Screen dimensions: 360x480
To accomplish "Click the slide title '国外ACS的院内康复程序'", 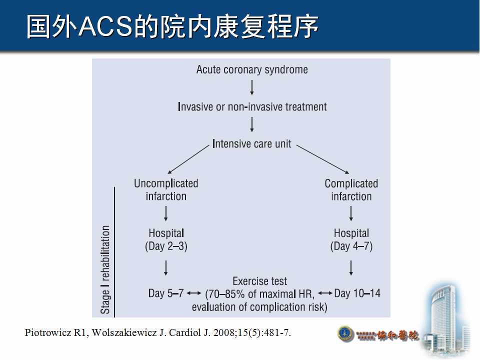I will coord(172,27).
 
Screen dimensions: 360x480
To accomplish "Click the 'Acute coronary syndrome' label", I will coord(252,69).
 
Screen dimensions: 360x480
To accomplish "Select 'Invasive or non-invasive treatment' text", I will coord(252,106).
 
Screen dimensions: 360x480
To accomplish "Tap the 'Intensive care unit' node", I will coord(251,144).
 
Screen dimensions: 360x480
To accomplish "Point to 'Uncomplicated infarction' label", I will coord(166,190).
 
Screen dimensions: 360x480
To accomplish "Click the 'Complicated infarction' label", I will coord(351,190).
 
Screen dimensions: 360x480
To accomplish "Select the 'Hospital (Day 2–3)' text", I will coord(166,239).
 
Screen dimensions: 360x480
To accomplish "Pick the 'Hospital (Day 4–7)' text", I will coord(351,239).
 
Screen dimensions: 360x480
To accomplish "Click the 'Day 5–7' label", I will coord(166,293).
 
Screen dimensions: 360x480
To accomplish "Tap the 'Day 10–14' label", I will coord(357,293).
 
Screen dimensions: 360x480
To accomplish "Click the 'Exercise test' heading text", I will coord(260,281).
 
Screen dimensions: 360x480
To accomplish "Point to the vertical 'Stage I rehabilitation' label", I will coord(105,269).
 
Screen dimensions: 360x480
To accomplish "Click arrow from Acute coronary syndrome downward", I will coord(252,87).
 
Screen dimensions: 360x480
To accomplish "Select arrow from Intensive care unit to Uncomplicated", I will coord(188,158).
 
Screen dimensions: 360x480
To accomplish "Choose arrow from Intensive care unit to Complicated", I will coord(322,159).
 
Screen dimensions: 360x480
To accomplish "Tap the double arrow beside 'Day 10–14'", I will coord(325,293).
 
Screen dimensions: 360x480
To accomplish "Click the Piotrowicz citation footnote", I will coord(157,332).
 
